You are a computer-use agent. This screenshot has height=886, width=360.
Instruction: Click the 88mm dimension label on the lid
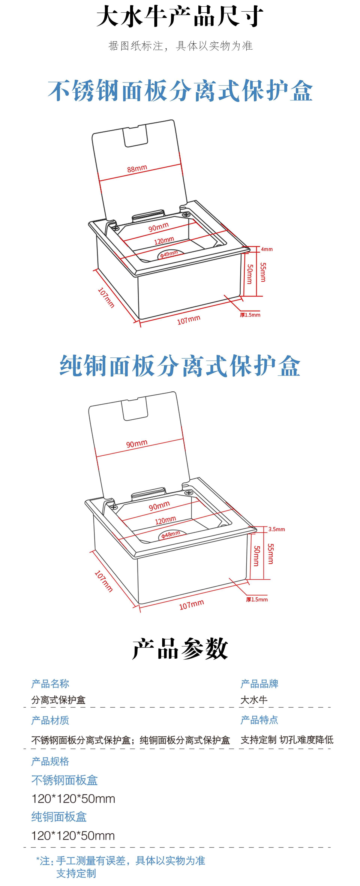(x=137, y=168)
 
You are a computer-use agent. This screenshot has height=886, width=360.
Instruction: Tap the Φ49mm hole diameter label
(x=169, y=254)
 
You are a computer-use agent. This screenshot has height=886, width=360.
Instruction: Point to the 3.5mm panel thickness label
(x=276, y=529)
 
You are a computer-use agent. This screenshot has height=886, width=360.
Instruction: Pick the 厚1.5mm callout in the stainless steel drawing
(x=250, y=315)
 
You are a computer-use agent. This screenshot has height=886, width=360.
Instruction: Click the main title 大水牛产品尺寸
(x=180, y=17)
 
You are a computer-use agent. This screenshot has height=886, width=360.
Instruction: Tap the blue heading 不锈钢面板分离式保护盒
(x=180, y=90)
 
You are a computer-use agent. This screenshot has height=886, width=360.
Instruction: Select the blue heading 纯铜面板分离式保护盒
(x=180, y=366)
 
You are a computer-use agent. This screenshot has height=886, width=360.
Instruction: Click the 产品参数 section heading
(x=180, y=649)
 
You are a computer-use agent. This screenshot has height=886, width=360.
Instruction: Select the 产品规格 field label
(x=50, y=761)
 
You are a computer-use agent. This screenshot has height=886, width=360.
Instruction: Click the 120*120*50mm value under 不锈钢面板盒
(x=73, y=799)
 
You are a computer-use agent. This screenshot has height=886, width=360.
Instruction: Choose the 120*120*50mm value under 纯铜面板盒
(x=73, y=836)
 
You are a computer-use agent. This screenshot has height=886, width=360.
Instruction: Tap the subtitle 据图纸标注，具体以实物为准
(x=181, y=46)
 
